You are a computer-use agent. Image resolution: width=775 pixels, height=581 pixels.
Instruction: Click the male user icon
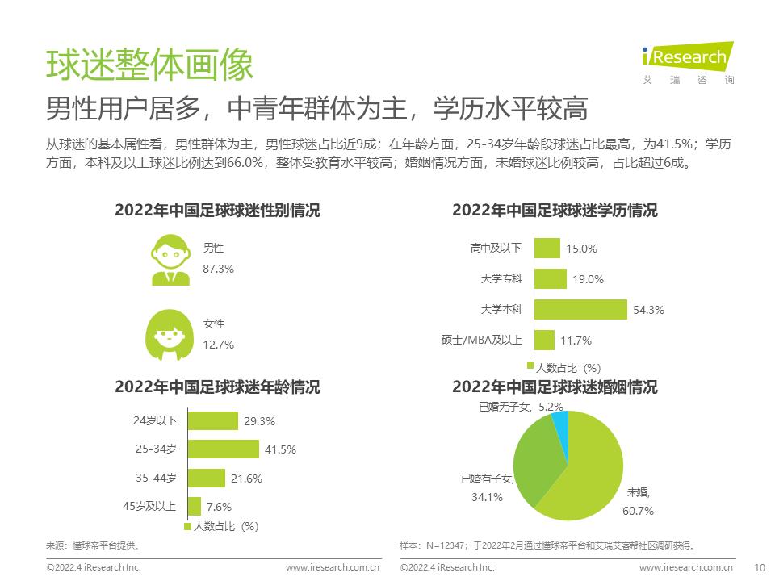click(x=171, y=259)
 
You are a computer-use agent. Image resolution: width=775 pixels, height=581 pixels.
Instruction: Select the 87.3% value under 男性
click(x=218, y=269)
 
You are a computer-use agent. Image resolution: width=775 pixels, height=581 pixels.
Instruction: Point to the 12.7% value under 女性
click(x=218, y=344)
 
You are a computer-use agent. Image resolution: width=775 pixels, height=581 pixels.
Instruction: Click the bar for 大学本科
click(x=580, y=309)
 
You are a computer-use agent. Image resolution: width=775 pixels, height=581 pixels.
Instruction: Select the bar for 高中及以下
click(x=547, y=249)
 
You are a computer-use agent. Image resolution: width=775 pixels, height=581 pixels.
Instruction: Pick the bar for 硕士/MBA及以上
click(x=544, y=340)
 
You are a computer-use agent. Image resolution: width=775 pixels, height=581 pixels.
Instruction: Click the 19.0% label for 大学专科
click(x=588, y=279)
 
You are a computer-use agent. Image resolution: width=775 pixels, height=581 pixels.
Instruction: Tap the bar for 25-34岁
click(x=223, y=449)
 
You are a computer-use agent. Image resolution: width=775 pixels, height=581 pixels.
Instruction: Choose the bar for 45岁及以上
click(x=194, y=507)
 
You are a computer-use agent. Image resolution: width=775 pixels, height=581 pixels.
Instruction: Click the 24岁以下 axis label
click(x=155, y=420)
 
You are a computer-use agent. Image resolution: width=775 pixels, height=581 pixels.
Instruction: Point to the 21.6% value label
click(x=246, y=479)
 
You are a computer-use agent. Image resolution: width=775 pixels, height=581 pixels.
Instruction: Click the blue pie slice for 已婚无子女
click(x=560, y=425)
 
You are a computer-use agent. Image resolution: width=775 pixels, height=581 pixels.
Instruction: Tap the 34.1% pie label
click(x=487, y=497)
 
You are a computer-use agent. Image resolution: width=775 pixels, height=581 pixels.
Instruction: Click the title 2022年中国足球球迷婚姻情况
click(x=555, y=387)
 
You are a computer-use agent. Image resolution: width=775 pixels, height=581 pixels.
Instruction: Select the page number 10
click(x=758, y=567)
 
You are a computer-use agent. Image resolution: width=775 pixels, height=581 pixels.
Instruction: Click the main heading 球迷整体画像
click(x=149, y=65)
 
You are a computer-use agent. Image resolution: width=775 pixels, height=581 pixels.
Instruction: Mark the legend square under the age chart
click(x=188, y=525)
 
